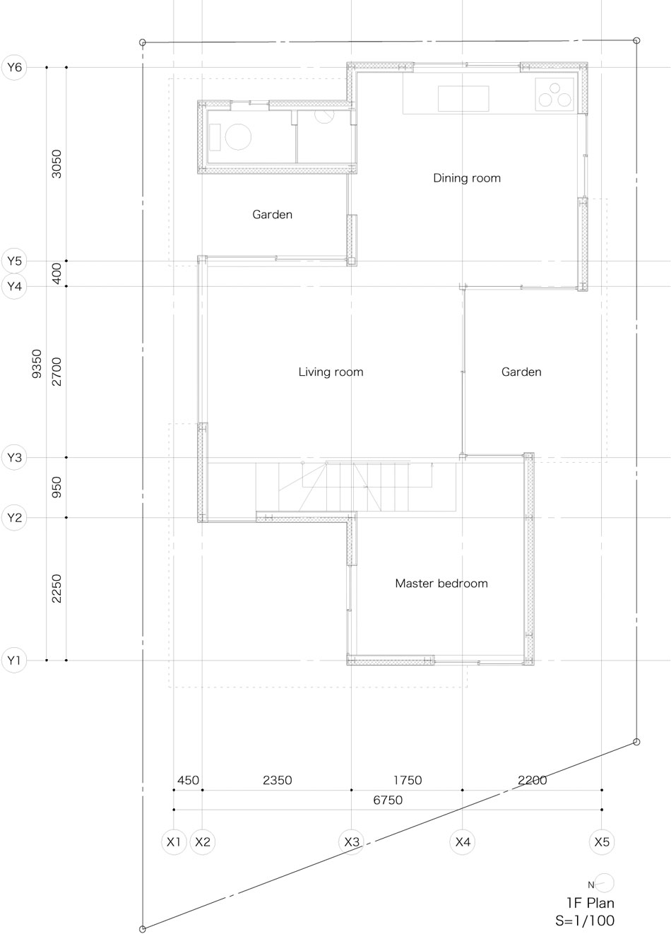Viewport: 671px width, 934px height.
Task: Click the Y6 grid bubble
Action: (14, 67)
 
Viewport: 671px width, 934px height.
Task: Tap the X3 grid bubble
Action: (351, 842)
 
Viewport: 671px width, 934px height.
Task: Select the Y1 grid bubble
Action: (14, 661)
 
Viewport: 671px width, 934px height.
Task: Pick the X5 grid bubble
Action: (602, 842)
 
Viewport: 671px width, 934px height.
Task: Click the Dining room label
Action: (467, 179)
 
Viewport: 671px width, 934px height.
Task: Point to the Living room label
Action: (331, 372)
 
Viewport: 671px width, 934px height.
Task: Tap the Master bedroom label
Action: (441, 584)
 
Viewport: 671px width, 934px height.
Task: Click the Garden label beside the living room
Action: (521, 372)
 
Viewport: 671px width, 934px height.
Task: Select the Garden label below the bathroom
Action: (272, 215)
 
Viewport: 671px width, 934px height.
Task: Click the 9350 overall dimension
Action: (37, 364)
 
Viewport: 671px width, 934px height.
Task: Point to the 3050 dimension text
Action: (57, 164)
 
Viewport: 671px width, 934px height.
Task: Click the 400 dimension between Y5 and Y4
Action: (57, 273)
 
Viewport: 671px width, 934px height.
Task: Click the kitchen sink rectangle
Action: (463, 98)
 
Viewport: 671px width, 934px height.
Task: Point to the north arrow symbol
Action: (602, 882)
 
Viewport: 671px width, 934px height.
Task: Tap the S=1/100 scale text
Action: (585, 921)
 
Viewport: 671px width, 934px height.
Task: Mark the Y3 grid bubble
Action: (14, 457)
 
